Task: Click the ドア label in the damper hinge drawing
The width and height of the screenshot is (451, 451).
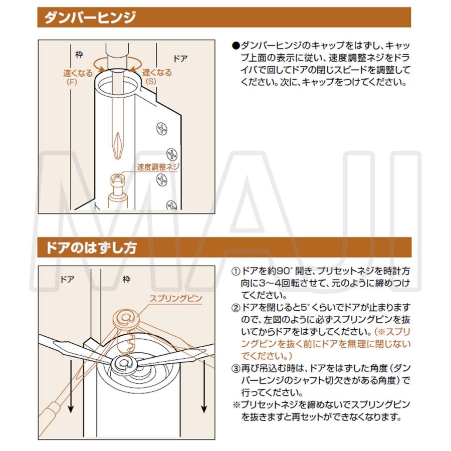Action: pos(179,58)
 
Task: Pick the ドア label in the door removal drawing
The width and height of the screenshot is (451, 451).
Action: pos(67,279)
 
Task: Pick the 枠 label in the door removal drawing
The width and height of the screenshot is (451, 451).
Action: pos(126,279)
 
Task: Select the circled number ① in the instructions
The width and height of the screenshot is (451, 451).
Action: pos(236,272)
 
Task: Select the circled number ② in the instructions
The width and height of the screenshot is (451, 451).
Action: pos(236,307)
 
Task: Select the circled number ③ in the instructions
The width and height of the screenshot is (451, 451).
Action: pos(236,368)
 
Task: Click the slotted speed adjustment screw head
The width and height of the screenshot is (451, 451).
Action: pos(118,178)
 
